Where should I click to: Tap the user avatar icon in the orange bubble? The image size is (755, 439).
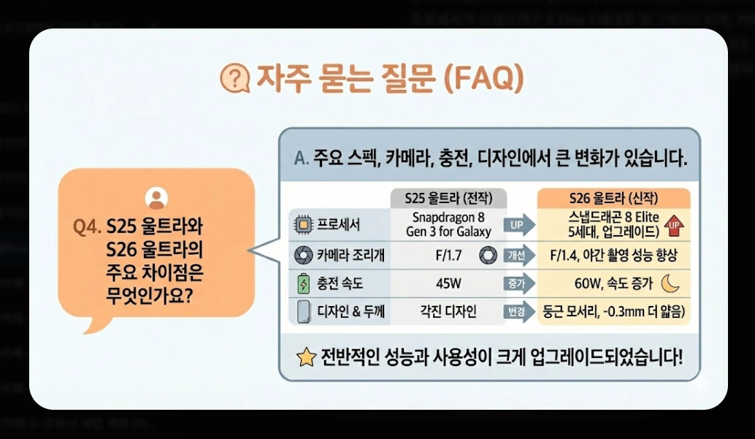click(x=156, y=198)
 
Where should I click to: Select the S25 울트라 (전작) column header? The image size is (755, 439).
click(x=448, y=199)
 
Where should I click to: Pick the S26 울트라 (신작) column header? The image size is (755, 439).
click(x=613, y=199)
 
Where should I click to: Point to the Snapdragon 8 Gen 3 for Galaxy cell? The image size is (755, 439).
click(x=448, y=224)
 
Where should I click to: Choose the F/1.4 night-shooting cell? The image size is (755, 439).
click(x=612, y=256)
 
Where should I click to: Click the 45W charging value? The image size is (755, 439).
click(x=448, y=283)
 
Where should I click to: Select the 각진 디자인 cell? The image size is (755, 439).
click(x=448, y=312)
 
